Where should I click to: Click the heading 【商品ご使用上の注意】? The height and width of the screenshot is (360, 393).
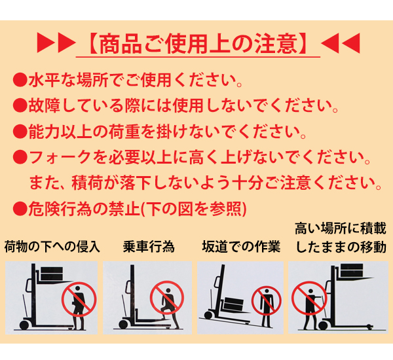click(198, 44)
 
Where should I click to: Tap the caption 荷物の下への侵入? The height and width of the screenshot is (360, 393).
click(52, 247)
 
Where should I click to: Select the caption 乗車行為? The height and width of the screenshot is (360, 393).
click(149, 247)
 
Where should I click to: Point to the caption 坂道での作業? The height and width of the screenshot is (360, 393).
click(241, 247)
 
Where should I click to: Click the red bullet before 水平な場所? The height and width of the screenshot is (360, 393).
click(20, 80)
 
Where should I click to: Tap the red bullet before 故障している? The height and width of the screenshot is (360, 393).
click(20, 105)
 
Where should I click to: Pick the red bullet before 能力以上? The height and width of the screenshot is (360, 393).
click(20, 132)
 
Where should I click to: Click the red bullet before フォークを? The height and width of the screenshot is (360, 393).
click(20, 157)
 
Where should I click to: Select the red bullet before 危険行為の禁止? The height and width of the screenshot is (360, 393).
click(20, 208)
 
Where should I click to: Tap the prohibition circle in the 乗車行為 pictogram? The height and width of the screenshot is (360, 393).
click(166, 297)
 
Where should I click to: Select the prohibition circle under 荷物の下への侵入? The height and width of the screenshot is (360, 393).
click(79, 299)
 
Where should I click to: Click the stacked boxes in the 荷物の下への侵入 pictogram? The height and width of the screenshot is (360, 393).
click(51, 274)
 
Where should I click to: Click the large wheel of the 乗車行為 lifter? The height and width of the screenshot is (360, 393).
click(123, 325)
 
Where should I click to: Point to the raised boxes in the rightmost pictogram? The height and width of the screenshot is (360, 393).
click(352, 270)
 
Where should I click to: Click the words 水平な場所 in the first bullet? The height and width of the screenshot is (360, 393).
click(68, 80)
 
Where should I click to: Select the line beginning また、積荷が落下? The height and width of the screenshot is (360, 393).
click(205, 183)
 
